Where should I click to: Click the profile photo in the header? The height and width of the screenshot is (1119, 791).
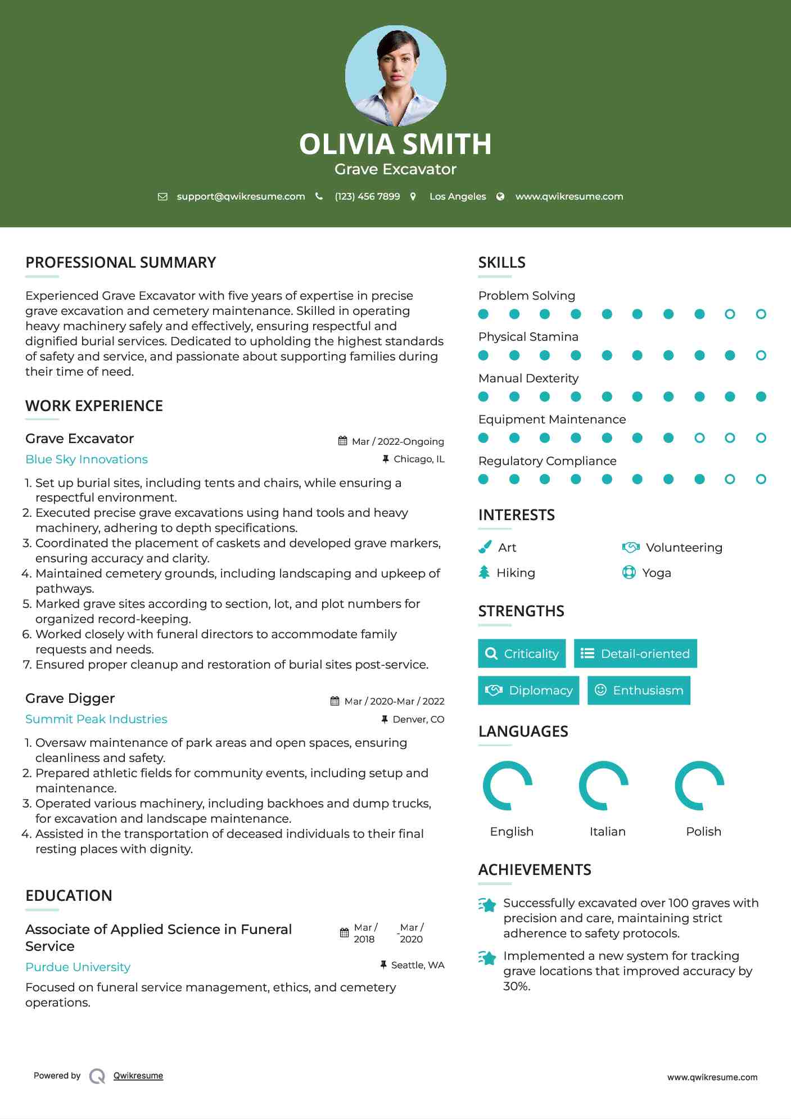point(395,75)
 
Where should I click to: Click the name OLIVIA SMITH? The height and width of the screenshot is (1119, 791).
point(395,144)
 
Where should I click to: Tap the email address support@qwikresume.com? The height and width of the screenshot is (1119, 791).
point(241,196)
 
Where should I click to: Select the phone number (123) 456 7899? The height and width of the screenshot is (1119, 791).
point(367,196)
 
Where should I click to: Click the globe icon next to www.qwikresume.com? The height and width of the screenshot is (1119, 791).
point(500,196)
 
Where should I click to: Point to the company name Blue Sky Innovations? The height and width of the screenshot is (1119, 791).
point(87,459)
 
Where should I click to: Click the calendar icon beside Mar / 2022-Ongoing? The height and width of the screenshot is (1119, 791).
point(342,441)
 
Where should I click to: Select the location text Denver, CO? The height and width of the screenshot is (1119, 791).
point(418,719)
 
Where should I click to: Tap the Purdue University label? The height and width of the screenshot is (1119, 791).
point(78,967)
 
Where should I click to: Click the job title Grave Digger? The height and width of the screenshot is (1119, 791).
point(70,698)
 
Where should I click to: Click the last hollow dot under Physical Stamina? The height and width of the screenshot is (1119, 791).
point(761,355)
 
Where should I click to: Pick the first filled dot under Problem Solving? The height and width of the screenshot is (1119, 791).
point(483,314)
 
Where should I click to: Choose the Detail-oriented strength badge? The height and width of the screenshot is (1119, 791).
point(635,653)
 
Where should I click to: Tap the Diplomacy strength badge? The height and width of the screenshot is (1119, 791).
point(528,691)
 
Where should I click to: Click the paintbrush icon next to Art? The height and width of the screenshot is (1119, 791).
point(485,547)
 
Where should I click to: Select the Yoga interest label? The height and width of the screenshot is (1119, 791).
point(657,573)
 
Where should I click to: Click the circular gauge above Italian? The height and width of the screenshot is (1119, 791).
point(604,786)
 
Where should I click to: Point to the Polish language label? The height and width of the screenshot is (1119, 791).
point(703,832)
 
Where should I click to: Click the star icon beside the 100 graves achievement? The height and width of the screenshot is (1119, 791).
point(487,905)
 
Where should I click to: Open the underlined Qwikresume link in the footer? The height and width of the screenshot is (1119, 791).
point(138,1076)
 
